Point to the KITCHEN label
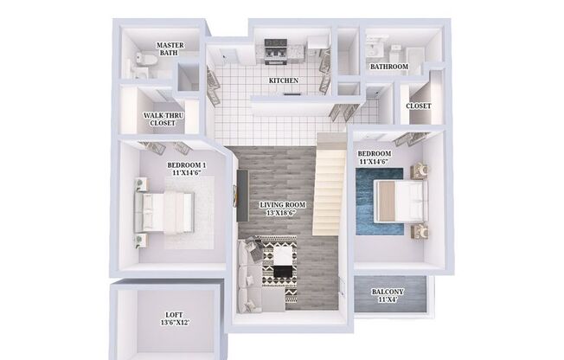tap(283, 80)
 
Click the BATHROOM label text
tap(388, 66)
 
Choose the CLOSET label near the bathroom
tap(418, 106)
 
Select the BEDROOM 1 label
tap(187, 164)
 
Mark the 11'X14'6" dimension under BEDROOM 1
tap(187, 173)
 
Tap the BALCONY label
tap(388, 292)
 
